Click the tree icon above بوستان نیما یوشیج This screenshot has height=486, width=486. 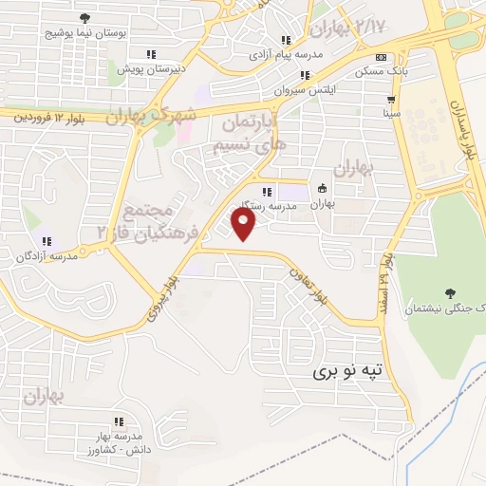pos(85,18)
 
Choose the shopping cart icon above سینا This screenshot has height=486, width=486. pos(390,99)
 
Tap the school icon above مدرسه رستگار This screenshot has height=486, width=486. pos(266,191)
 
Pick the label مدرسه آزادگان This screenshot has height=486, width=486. pos(46,257)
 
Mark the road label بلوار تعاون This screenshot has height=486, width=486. pos(308,284)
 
